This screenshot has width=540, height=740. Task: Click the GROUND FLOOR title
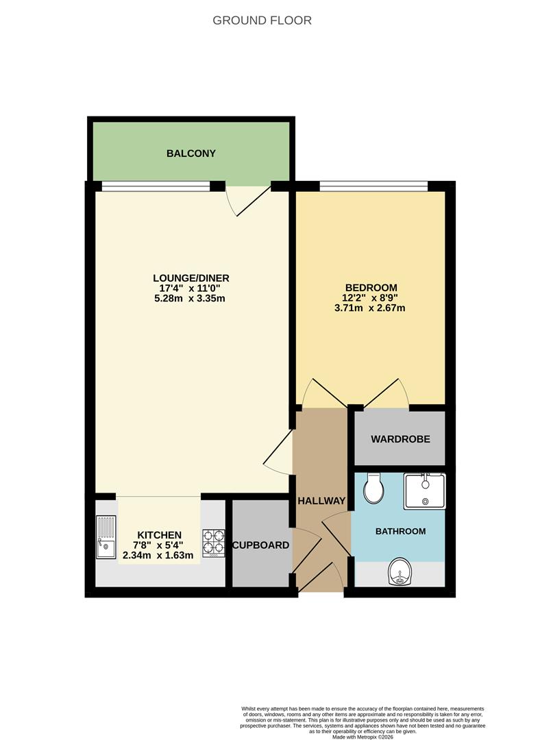coord(262,21)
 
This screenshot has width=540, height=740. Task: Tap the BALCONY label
coord(191,153)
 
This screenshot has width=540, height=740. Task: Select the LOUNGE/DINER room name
coord(191,277)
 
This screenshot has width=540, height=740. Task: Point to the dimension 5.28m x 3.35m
coord(191,298)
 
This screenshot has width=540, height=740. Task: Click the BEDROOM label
coord(371,287)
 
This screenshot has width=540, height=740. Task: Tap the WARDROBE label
coord(400,439)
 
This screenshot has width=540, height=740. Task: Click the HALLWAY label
coord(321,501)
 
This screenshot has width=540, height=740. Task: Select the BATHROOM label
coord(400,531)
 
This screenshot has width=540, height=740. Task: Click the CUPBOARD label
coord(260,545)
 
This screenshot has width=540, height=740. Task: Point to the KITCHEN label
coord(159,534)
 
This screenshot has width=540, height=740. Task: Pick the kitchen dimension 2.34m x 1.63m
coord(159,555)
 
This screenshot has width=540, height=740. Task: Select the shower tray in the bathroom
coord(424,491)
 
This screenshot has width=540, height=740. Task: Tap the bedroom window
coord(373,186)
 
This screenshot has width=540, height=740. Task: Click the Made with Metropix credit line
coord(363,736)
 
